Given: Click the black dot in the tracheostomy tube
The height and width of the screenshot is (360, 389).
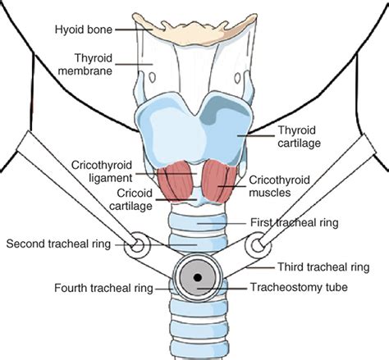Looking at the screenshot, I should pos(196,280).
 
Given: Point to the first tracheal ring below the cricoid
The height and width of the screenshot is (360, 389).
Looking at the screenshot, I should pos(196,221).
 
